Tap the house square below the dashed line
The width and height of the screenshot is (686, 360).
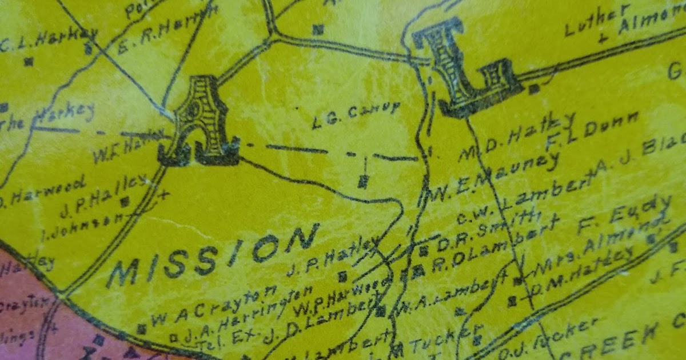pyautogui.click(x=362, y=182)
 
